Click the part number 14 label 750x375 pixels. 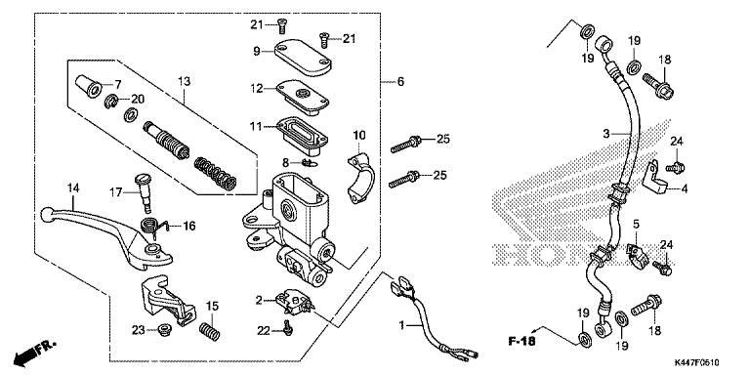72,187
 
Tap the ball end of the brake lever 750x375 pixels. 47,214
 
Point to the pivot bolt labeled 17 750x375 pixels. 144,193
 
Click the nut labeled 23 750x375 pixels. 165,329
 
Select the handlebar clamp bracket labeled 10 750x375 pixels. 359,179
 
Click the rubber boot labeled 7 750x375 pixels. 89,86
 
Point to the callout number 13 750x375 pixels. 185,81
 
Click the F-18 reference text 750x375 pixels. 521,342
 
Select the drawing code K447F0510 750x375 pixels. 697,363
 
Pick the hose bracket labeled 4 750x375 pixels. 657,178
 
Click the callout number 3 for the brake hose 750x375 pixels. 606,134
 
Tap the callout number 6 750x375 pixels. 400,82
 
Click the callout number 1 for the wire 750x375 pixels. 402,326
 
